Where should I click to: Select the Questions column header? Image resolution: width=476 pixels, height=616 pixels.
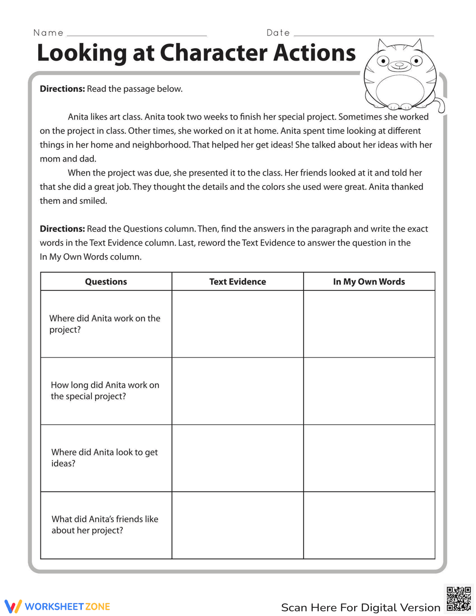pyautogui.click(x=106, y=281)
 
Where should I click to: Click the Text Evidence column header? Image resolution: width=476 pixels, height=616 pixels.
pyautogui.click(x=238, y=281)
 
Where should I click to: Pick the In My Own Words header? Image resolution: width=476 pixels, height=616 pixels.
pyautogui.click(x=369, y=281)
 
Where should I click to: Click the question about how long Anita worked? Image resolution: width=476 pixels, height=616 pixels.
pyautogui.click(x=105, y=390)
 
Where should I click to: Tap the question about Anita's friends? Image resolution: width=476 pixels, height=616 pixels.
pyautogui.click(x=105, y=525)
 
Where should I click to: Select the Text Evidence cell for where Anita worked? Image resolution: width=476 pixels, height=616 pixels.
pyautogui.click(x=238, y=324)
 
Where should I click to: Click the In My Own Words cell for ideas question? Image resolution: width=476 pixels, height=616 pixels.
pyautogui.click(x=369, y=458)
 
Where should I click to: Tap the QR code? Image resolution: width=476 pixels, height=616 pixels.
pyautogui.click(x=458, y=599)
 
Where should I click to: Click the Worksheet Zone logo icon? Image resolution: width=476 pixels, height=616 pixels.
pyautogui.click(x=13, y=606)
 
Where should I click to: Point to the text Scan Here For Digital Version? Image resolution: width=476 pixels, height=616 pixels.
pyautogui.click(x=360, y=607)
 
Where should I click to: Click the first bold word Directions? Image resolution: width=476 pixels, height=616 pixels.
pyautogui.click(x=62, y=89)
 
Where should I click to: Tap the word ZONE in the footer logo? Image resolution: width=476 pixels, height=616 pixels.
pyautogui.click(x=98, y=606)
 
